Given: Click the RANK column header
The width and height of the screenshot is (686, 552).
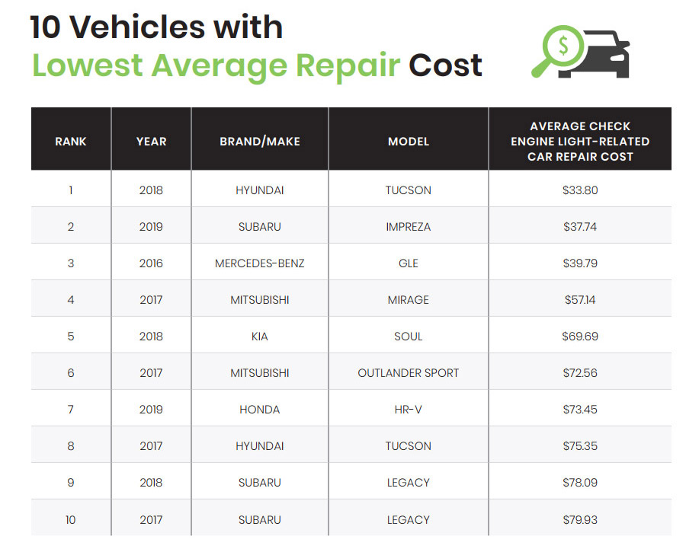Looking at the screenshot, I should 71,142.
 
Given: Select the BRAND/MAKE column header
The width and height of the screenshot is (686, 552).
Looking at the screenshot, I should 260,142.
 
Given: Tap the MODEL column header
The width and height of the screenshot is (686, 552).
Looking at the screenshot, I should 409,142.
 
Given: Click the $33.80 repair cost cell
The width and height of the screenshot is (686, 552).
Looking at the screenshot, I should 580,190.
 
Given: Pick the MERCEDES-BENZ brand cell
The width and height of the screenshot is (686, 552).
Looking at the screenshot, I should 260,263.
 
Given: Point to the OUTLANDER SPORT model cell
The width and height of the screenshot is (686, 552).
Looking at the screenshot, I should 409,373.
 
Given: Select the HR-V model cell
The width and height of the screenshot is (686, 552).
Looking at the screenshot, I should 409,410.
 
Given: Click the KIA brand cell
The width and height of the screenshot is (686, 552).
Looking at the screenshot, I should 260,337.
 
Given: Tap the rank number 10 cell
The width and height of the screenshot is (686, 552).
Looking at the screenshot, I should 71,520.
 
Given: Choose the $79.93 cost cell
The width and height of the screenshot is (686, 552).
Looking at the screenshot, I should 580,520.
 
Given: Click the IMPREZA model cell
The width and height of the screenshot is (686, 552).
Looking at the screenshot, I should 409,227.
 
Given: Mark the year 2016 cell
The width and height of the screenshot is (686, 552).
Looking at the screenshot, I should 151,263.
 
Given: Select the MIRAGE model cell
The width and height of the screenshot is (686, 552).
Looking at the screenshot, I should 409,300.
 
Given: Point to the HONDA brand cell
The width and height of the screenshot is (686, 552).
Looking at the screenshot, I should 260,410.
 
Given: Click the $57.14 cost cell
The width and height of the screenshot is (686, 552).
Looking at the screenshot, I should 580,300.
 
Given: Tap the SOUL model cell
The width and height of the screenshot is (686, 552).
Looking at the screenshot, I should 409,337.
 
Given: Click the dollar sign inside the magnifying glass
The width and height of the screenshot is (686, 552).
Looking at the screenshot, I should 563,46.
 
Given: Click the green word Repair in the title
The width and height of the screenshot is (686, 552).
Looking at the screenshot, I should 348,65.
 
